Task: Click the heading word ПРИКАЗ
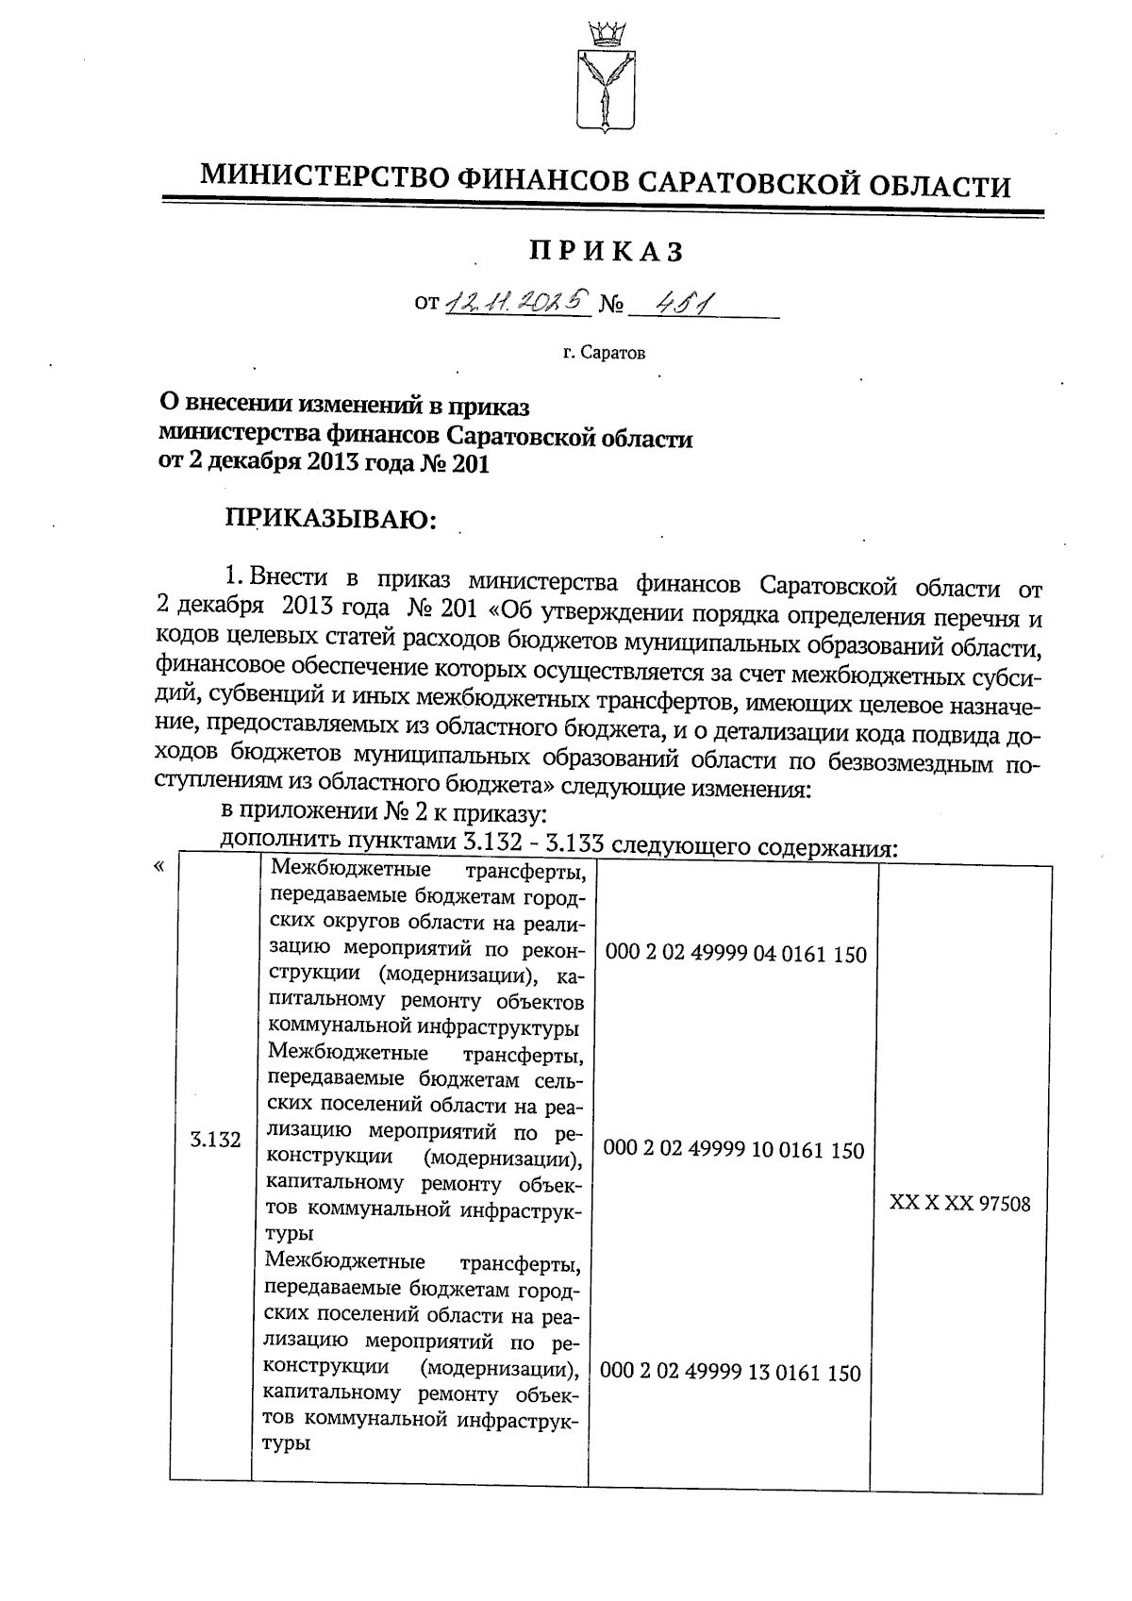605,251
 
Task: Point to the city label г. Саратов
604,355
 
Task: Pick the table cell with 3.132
215,1140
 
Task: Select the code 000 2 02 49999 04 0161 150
737,954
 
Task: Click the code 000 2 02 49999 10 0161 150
734,1149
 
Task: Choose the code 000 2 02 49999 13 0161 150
731,1372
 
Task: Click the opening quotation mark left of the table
158,866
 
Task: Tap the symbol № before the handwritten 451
612,306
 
